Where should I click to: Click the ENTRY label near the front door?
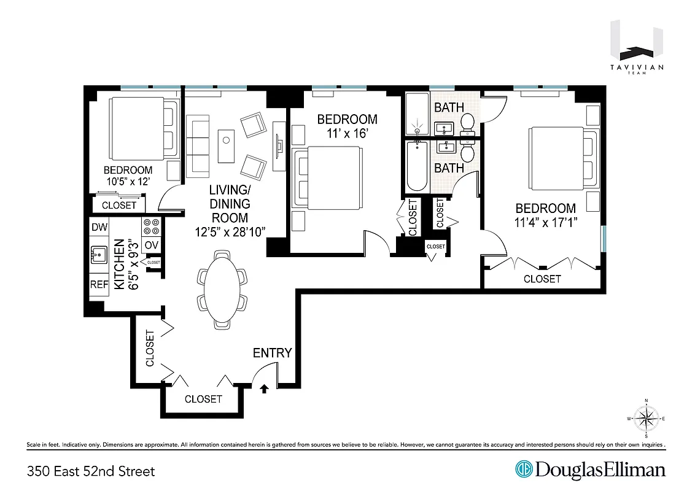[272, 353]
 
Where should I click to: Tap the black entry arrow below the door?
[264, 389]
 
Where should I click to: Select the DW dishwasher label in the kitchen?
[99, 227]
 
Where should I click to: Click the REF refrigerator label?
[99, 284]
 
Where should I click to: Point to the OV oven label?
[151, 245]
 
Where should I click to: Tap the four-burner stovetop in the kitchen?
[151, 226]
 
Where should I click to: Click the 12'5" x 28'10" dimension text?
[230, 232]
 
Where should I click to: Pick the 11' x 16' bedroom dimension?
[347, 134]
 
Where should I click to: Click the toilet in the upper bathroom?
[468, 123]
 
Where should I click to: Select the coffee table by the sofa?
[227, 145]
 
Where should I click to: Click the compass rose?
[646, 419]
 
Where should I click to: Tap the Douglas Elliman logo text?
[600, 470]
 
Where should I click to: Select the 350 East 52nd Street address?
[91, 471]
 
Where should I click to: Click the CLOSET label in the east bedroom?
[542, 279]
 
